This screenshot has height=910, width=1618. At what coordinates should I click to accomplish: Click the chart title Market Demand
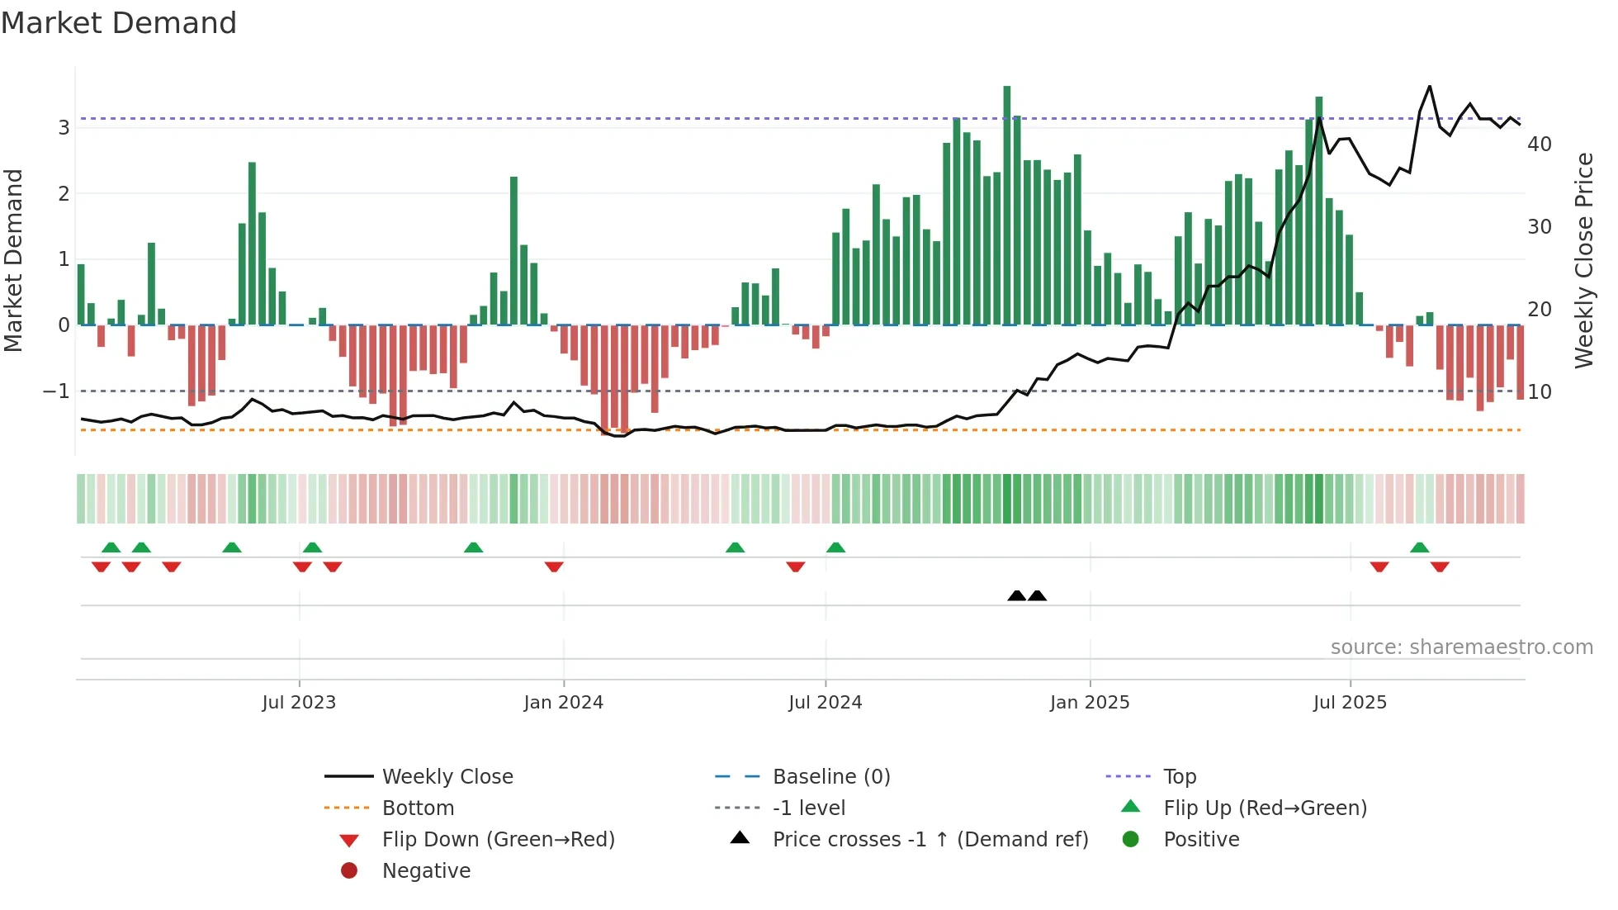tap(119, 23)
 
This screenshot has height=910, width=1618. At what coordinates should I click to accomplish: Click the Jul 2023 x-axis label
tap(299, 703)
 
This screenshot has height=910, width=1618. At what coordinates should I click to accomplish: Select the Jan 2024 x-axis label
tap(563, 703)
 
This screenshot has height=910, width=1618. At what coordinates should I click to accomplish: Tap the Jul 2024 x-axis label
tap(825, 703)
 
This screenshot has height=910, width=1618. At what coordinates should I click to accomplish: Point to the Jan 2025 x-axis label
tap(1090, 703)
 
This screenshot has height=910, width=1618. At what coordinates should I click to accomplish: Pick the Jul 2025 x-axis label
tap(1350, 703)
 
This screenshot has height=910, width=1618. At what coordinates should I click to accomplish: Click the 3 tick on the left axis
tap(64, 128)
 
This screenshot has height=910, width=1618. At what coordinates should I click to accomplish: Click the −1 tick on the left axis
tap(56, 391)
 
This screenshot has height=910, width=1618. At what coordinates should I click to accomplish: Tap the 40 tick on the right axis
tap(1540, 145)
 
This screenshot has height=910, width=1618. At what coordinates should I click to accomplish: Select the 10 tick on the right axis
tap(1540, 392)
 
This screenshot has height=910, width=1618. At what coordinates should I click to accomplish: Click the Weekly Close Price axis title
tap(1583, 260)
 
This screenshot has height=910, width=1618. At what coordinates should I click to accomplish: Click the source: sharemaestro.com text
tap(1461, 647)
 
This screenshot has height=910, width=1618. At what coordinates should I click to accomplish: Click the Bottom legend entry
tap(418, 808)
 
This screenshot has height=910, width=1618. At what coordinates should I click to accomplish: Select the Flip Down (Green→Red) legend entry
tap(498, 840)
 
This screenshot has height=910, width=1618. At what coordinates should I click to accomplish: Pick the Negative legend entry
tap(426, 871)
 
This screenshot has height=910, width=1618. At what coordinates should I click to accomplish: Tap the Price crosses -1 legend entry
tap(930, 840)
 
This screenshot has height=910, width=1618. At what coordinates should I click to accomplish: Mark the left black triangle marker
tap(1017, 595)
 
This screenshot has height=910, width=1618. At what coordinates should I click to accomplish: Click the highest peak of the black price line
tap(1430, 87)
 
